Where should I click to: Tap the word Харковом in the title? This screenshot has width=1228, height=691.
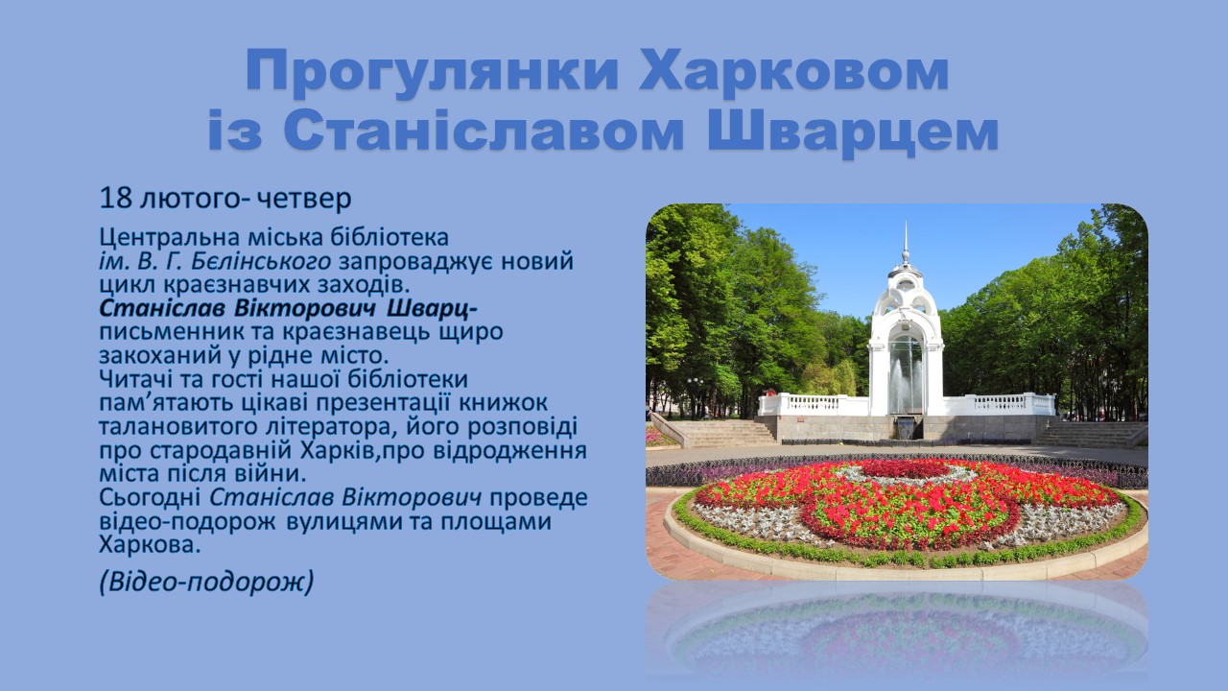tap(793, 70)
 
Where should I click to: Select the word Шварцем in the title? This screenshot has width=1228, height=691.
tap(853, 131)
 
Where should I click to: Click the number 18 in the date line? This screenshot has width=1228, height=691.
tap(116, 198)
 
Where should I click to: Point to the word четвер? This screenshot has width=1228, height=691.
tap(304, 199)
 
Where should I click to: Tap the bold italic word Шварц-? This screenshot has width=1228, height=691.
tap(432, 309)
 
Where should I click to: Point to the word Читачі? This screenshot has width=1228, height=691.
tap(139, 379)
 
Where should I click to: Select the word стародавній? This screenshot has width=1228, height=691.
tap(221, 451)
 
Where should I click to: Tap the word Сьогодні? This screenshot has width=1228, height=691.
tap(151, 498)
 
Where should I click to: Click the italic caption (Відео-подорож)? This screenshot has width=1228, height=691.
tap(206, 582)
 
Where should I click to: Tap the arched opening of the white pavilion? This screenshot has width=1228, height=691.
tap(906, 373)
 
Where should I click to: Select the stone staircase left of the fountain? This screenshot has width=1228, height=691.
tap(720, 433)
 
